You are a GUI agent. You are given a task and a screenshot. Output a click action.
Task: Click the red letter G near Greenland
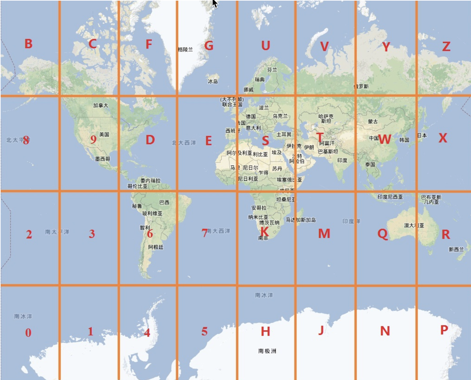coord(209,46)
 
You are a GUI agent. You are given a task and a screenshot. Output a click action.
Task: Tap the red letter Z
coord(446,47)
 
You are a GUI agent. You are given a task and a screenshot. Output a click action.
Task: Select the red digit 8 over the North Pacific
coord(26,140)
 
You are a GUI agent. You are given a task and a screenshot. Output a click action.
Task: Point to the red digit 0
coord(28,333)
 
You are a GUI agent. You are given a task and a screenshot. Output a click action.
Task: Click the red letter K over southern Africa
coord(264,231)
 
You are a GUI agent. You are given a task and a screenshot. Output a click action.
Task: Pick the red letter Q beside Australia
coord(382,234)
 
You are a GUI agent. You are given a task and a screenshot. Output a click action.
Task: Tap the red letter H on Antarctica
coord(265,331)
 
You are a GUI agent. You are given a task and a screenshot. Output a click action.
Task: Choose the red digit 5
coord(204,331)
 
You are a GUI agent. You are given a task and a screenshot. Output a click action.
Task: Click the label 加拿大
coord(101,105)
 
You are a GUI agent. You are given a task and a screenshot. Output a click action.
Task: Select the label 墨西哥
coord(102,159)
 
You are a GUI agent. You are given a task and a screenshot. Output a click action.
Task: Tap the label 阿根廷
coord(156,247)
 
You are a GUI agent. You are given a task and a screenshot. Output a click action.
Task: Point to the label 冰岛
coord(213,81)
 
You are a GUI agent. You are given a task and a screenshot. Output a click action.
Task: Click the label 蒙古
coord(373,121)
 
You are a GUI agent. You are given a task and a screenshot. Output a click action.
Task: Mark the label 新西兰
coord(456,249)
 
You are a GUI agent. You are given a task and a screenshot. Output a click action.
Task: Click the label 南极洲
coord(267,351)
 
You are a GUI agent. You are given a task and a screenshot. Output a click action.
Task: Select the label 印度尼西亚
coord(390,197)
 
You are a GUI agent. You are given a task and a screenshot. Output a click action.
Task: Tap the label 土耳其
coord(284,134)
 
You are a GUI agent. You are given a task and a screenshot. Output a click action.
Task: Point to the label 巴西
coord(164,202)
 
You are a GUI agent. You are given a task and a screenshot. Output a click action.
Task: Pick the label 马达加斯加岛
coord(301,220)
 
